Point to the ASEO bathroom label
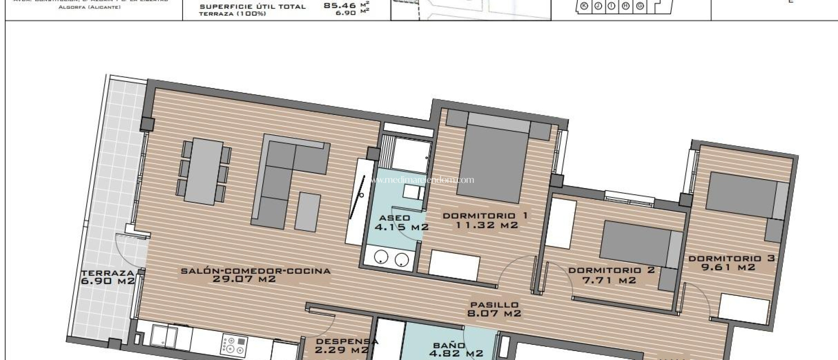click(394, 218)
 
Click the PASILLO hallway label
click(494, 305)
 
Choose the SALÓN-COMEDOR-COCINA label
click(256, 271)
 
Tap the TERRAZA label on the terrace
click(108, 273)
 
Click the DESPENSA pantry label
click(347, 341)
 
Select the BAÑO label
click(449, 345)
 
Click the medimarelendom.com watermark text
click(422, 180)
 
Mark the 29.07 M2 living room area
click(244, 279)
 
